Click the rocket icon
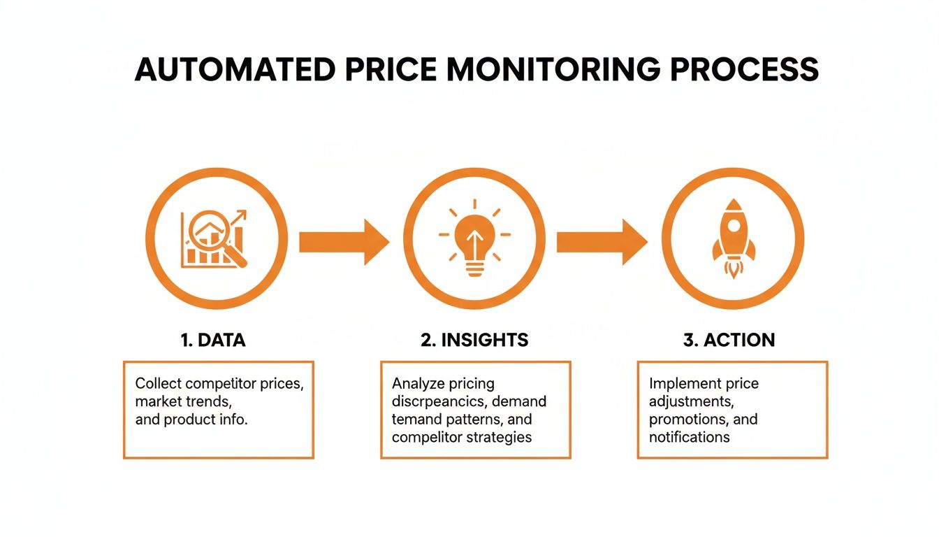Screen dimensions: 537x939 (733, 238)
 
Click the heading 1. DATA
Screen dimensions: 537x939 (212, 341)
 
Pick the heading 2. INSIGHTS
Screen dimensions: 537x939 (474, 341)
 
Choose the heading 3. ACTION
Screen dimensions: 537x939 (729, 341)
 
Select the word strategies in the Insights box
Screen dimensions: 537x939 (501, 438)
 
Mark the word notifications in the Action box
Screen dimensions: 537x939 (690, 438)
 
